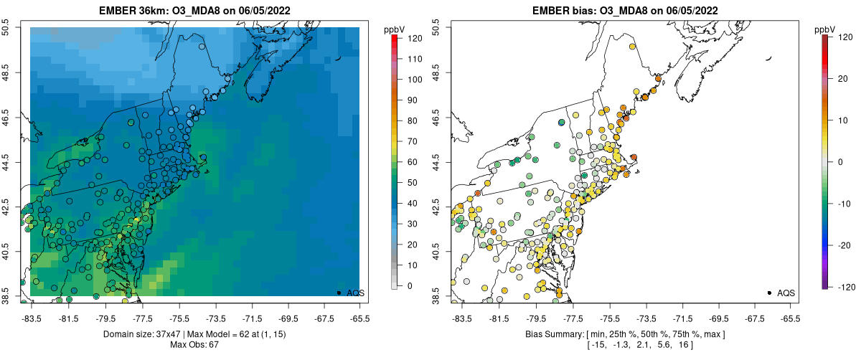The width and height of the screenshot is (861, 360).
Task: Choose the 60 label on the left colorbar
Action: click(414, 162)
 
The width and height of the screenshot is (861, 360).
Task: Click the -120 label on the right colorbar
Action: click(845, 286)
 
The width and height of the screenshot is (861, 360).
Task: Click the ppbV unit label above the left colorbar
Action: click(394, 29)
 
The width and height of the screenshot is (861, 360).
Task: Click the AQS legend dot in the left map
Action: click(338, 293)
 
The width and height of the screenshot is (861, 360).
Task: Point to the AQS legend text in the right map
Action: click(786, 293)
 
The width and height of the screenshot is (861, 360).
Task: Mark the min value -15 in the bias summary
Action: click(596, 346)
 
